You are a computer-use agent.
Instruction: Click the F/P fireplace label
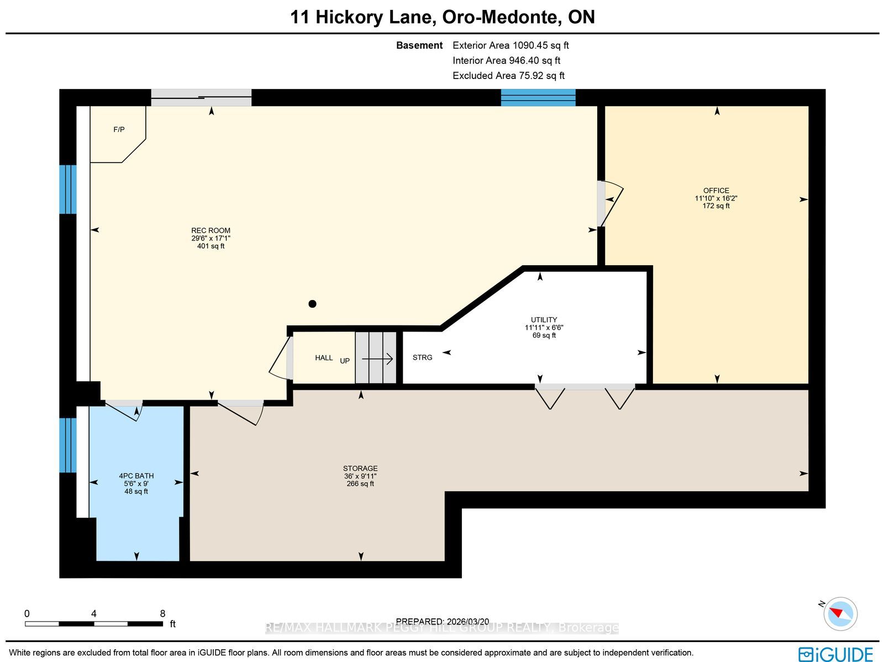point(119,130)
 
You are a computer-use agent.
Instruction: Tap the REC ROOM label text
point(211,231)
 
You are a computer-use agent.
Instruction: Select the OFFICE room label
point(716,191)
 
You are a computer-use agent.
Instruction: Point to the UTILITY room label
point(544,320)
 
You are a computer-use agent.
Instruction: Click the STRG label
point(423,358)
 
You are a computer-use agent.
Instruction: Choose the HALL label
point(324,358)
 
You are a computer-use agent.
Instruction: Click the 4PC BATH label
point(136,476)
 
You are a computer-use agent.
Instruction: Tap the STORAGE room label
point(360,468)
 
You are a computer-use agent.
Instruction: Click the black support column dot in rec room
point(312,304)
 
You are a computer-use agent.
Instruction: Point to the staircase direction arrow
point(377,359)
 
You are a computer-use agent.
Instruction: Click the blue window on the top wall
point(538,97)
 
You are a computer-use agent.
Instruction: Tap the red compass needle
point(837,612)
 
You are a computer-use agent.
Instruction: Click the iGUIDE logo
point(835,654)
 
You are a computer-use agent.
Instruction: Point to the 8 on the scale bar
point(162,614)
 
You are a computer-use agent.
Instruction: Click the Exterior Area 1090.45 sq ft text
point(511,45)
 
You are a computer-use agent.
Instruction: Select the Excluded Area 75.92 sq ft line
point(509,76)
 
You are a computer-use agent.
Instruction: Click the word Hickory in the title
point(349,18)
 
